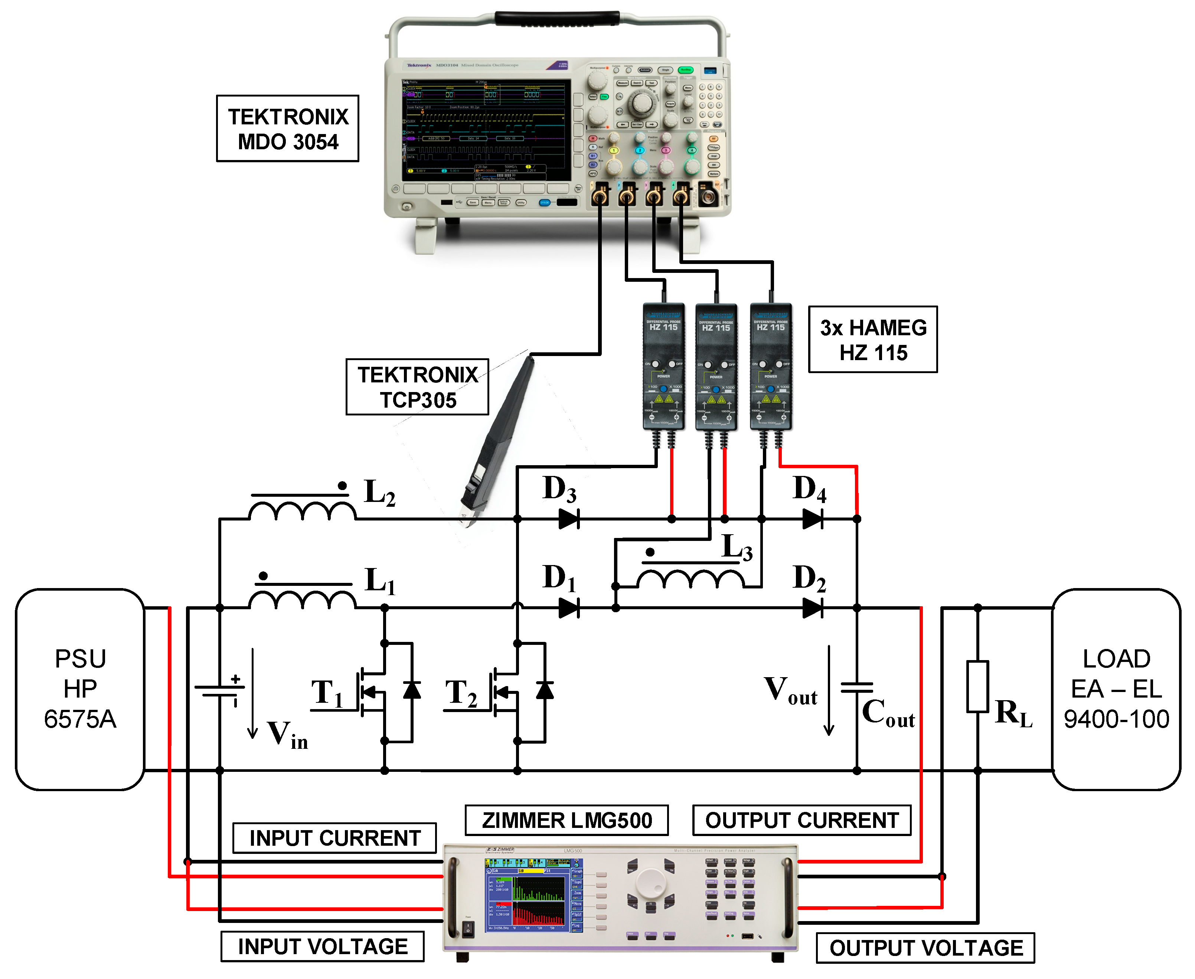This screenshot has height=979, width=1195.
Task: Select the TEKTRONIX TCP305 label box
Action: coord(417,387)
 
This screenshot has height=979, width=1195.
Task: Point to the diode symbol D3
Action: coord(568,518)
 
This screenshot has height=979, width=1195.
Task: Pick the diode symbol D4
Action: coord(812,518)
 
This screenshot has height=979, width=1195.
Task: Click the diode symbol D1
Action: coord(568,608)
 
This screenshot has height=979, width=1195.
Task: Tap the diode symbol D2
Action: coord(812,608)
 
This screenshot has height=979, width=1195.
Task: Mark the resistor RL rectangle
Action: coord(977,686)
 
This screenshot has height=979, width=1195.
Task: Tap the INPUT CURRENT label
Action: coord(334,838)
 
